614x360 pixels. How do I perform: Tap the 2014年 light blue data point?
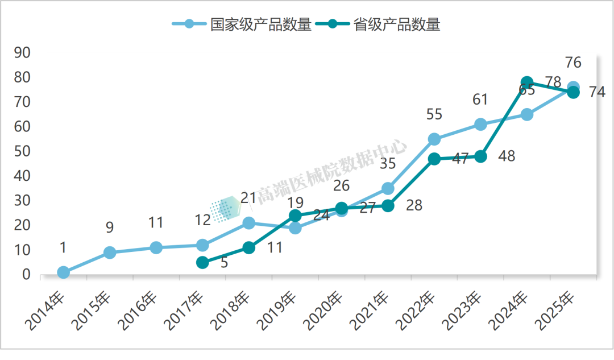point(63,272)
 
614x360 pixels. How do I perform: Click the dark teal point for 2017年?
point(202,262)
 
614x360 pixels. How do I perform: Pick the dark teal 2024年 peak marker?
point(527,82)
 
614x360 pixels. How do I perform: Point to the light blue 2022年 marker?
point(434,139)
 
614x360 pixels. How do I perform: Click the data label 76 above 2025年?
point(573,62)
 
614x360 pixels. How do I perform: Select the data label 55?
point(434,114)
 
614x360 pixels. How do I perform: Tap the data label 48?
point(506,156)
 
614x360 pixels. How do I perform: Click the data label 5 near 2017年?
point(224,263)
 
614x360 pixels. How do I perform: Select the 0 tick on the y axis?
point(26,275)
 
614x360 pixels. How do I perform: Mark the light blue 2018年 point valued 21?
point(248,223)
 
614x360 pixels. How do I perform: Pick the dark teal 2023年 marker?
point(480,156)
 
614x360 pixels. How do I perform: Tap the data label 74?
point(596,92)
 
